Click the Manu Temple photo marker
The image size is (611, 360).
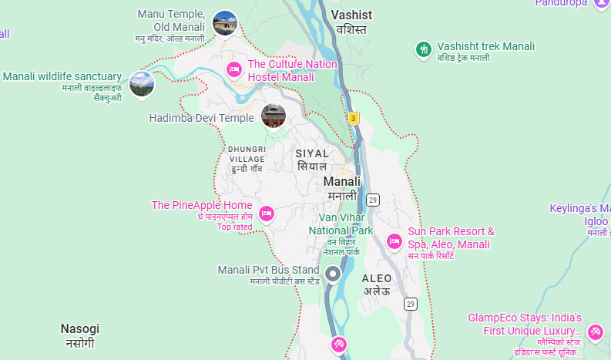coord(224,22)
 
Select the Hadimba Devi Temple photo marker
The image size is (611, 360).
coord(274,116)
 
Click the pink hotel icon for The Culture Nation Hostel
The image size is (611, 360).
coord(234,70)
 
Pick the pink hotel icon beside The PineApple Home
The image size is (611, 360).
coord(267,213)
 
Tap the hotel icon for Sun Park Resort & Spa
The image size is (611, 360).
coord(394,241)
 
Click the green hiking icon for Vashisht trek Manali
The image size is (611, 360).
coord(423,50)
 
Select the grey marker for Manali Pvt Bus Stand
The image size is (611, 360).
coord(333,274)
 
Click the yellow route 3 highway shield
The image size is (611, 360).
coord(354,118)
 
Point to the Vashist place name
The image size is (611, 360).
coord(351,15)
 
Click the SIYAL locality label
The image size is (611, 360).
coord(312,153)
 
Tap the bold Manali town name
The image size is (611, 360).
coord(342,182)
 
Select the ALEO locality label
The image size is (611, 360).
coord(377,278)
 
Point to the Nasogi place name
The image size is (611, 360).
coord(80,328)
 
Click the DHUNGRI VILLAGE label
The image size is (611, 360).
coord(247,153)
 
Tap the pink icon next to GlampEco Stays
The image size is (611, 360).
coord(595,332)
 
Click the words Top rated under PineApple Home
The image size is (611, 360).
coord(234,227)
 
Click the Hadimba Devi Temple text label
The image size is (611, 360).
coord(201,118)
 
